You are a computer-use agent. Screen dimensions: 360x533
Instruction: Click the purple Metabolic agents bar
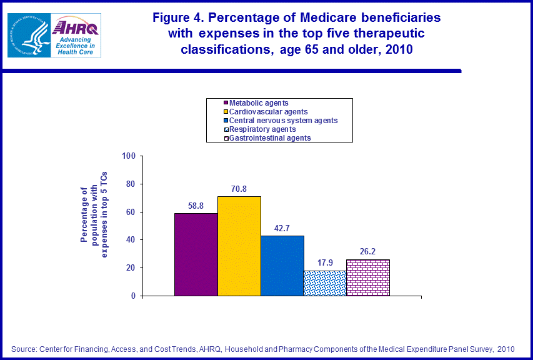click(196, 254)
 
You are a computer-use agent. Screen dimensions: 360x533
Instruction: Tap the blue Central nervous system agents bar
click(282, 266)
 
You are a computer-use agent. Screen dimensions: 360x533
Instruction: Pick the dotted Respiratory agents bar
click(324, 283)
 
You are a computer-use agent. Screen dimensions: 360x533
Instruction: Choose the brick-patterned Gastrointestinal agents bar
click(367, 277)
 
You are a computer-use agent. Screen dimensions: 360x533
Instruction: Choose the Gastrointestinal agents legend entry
click(269, 138)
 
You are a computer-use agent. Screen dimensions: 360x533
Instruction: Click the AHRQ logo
click(76, 36)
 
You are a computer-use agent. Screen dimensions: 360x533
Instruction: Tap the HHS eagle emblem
click(28, 35)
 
